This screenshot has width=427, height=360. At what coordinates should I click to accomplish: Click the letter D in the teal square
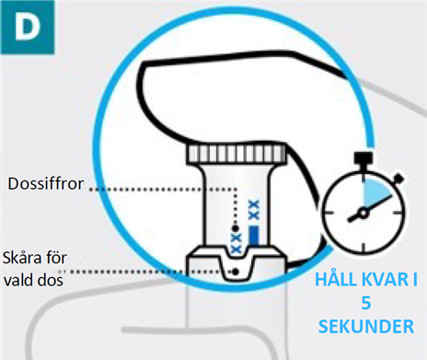pyautogui.click(x=28, y=27)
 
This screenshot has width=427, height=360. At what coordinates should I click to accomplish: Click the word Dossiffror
pyautogui.click(x=46, y=184)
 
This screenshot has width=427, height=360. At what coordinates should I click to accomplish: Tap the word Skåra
pyautogui.click(x=21, y=257)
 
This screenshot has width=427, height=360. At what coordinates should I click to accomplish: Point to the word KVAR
pyautogui.click(x=382, y=280)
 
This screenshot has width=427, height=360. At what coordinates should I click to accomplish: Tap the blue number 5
pyautogui.click(x=366, y=303)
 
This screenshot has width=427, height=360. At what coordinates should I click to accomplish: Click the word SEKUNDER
pyautogui.click(x=366, y=327)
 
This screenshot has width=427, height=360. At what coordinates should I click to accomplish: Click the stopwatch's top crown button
pyautogui.click(x=364, y=157)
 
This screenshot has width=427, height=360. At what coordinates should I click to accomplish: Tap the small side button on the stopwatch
pyautogui.click(x=398, y=179)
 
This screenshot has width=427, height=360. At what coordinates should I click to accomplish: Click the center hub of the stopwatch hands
pyautogui.click(x=364, y=213)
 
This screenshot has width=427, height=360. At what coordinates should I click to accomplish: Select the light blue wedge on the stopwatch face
pyautogui.click(x=375, y=192)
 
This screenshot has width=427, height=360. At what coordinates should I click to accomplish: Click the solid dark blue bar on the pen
pyautogui.click(x=254, y=236)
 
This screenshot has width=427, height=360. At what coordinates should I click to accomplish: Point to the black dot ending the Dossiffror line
pyautogui.click(x=236, y=228)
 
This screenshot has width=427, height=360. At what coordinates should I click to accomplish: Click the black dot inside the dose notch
pyautogui.click(x=236, y=272)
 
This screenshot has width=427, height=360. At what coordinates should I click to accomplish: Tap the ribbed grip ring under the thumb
pyautogui.click(x=237, y=153)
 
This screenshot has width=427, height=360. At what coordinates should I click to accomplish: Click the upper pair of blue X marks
pyautogui.click(x=254, y=210)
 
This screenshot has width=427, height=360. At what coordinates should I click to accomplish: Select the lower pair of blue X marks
pyautogui.click(x=236, y=243)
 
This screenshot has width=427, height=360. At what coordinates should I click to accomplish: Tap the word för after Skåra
pyautogui.click(x=56, y=257)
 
